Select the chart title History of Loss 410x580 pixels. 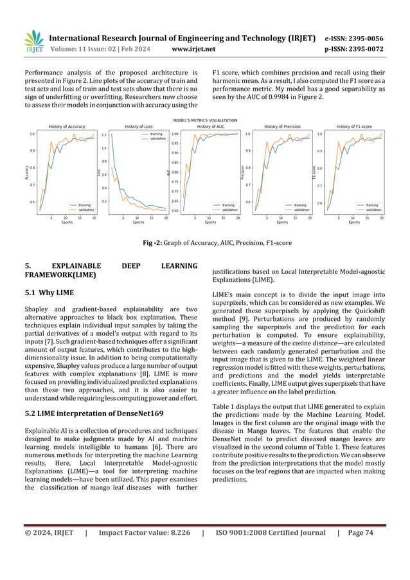click(138, 127)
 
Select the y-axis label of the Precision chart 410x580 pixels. click(242, 172)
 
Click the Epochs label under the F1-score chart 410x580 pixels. click(354, 222)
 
